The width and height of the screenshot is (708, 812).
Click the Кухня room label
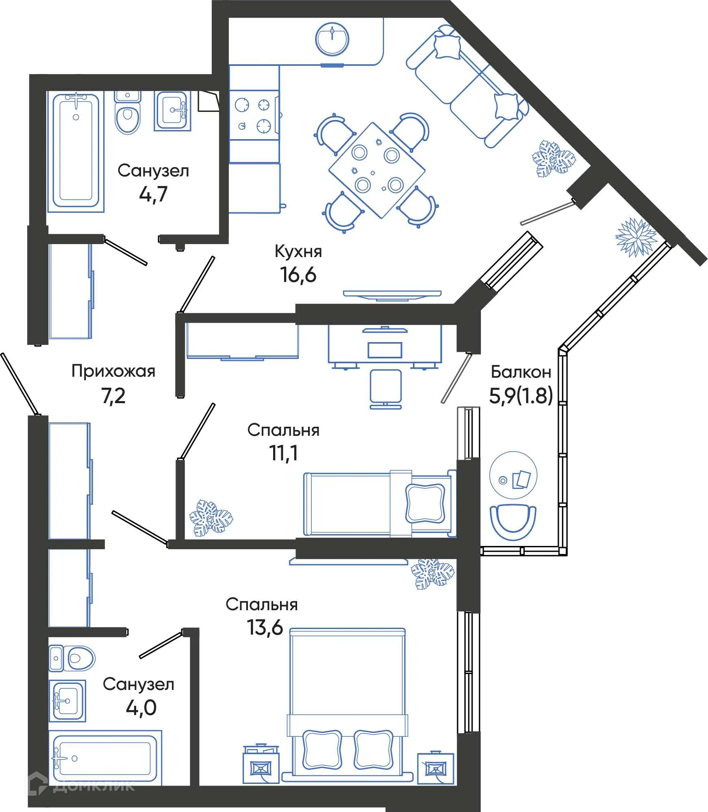298,252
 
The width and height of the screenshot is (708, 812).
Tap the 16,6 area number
298,275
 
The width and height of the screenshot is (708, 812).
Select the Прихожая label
113,371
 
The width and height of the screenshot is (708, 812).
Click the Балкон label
521,372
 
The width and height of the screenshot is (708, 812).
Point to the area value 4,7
153,194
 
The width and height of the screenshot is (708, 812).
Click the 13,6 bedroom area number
265,627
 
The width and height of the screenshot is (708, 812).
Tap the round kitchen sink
332,39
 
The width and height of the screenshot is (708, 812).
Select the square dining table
377,170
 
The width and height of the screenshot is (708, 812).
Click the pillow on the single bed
425,504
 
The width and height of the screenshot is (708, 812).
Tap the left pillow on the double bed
322,749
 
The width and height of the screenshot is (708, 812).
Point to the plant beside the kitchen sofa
554,159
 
